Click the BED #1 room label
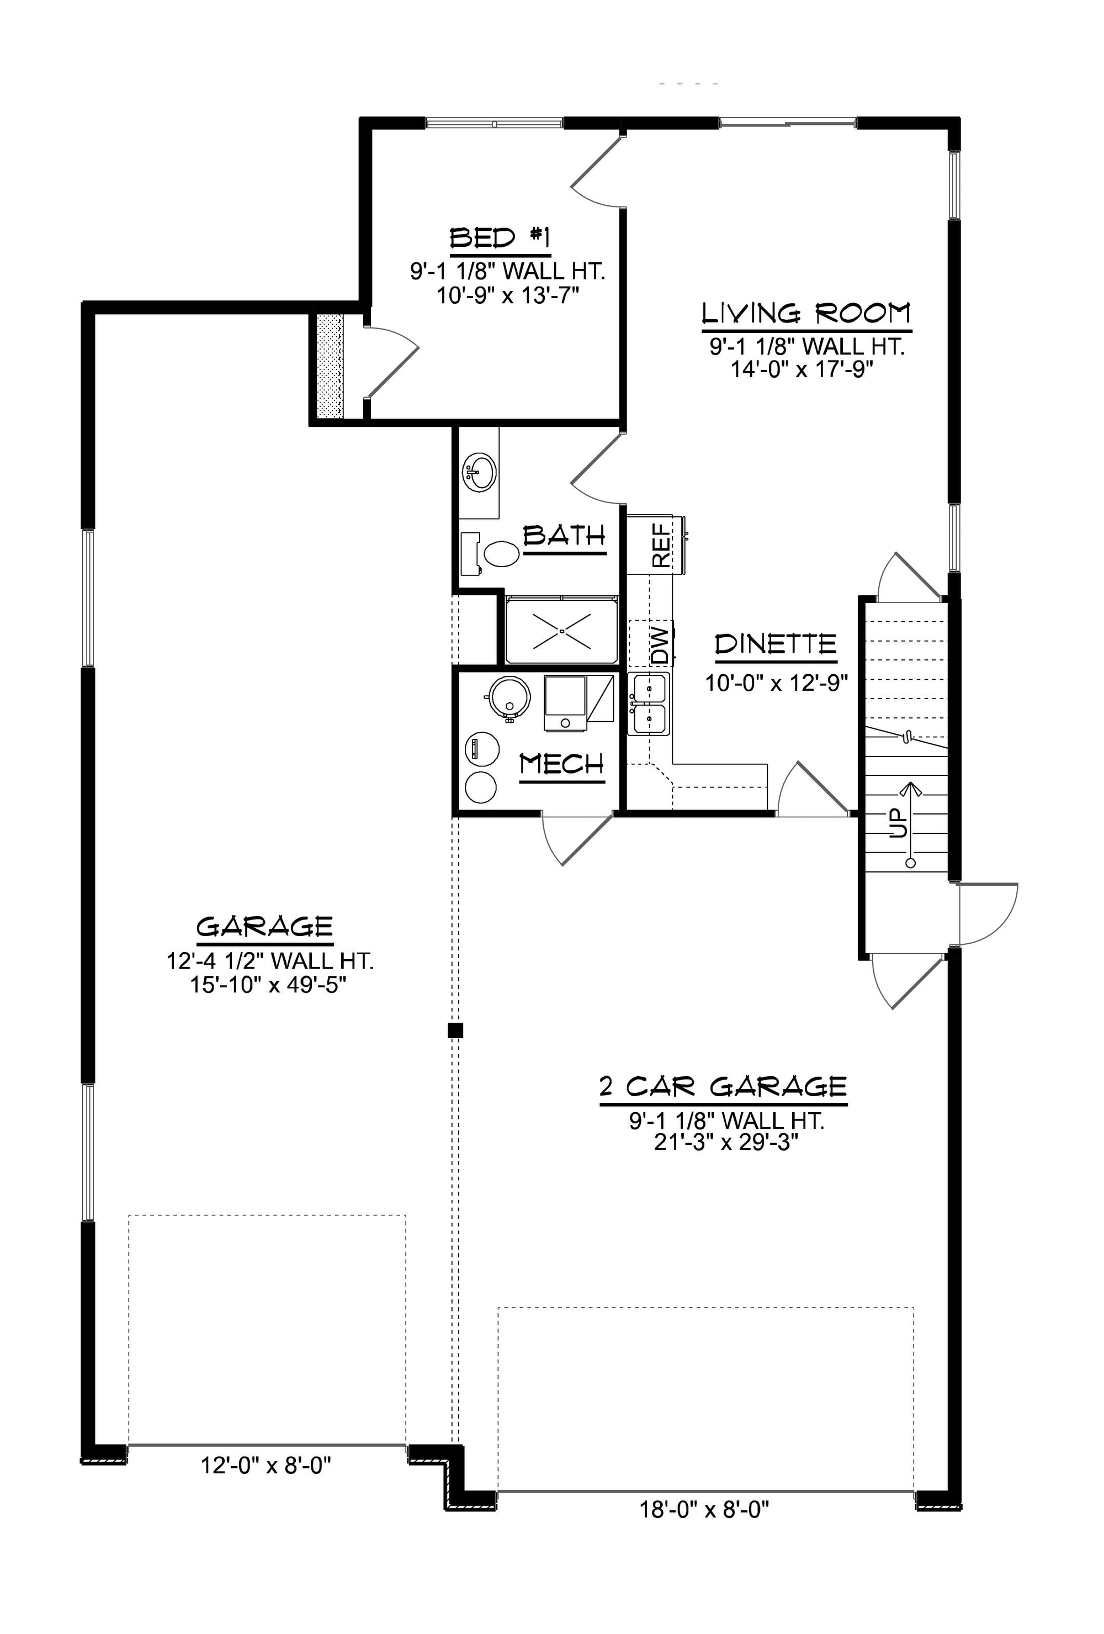click(x=500, y=239)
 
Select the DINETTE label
click(x=776, y=644)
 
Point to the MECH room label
click(x=561, y=764)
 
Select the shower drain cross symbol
click(x=562, y=631)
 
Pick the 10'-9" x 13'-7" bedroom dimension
click(x=508, y=294)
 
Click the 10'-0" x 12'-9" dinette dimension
click(x=777, y=683)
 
